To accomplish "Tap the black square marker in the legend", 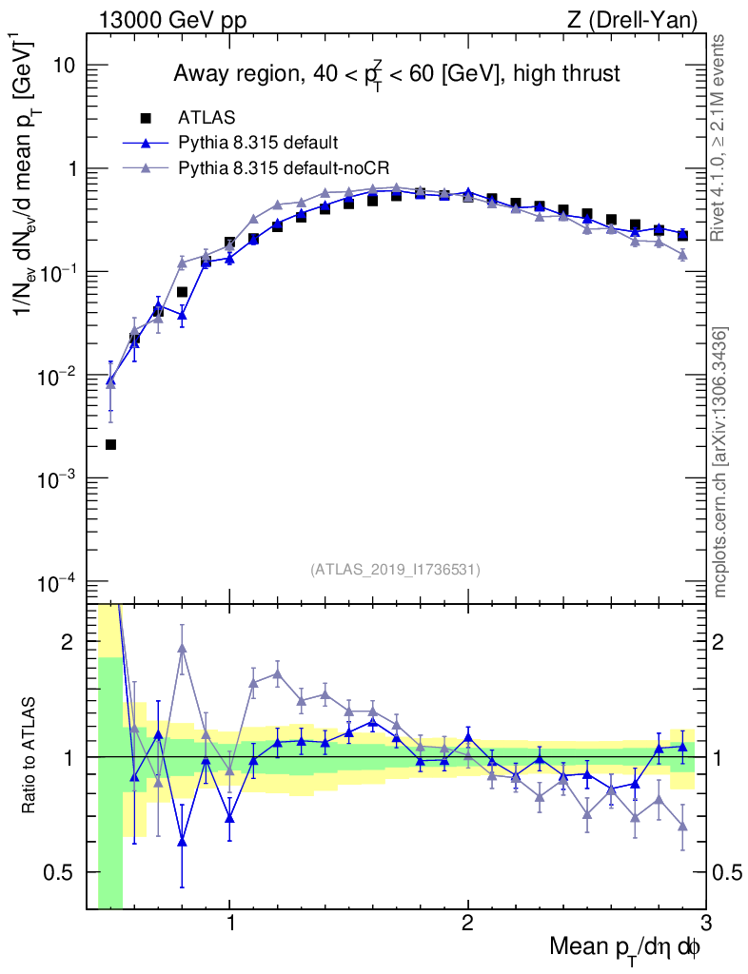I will point(146,118).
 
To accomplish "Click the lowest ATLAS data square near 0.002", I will point(110,444).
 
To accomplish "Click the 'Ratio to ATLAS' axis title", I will point(30,756).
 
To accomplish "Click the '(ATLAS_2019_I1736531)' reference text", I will point(395,570).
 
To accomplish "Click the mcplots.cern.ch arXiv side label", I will point(720,461).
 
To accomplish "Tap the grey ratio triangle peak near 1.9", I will point(182,649).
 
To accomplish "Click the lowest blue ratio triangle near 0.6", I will point(182,841).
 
